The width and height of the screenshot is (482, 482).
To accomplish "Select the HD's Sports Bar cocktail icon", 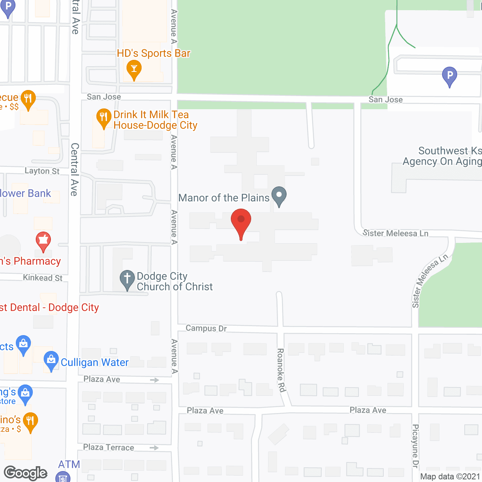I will [x=134, y=69].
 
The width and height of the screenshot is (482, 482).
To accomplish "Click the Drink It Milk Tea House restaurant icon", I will [x=104, y=117].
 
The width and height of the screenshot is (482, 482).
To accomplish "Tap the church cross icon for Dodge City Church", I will [x=127, y=279].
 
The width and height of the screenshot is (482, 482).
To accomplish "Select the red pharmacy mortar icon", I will [x=43, y=240].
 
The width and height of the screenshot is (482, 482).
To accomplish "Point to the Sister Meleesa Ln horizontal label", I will [x=395, y=233].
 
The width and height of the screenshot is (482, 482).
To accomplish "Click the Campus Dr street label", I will [x=206, y=328].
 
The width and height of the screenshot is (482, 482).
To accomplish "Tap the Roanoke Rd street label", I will [x=281, y=370].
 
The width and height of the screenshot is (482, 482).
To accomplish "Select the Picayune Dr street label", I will [x=415, y=446].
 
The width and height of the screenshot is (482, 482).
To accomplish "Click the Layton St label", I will [x=42, y=171].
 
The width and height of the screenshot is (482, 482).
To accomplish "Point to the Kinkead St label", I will [x=43, y=278].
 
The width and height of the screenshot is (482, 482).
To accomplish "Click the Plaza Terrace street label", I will [x=108, y=447].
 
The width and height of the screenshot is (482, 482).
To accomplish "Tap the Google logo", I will [x=26, y=473].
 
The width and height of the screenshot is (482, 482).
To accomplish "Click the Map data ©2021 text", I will [x=450, y=476].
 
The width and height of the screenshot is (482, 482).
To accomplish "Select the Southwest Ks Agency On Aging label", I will [x=442, y=156].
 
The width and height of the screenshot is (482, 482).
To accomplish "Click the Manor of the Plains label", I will [x=224, y=198].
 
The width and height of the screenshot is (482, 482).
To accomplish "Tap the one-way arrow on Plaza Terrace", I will [x=154, y=448].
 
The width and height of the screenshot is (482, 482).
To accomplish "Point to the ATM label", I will [x=69, y=465].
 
